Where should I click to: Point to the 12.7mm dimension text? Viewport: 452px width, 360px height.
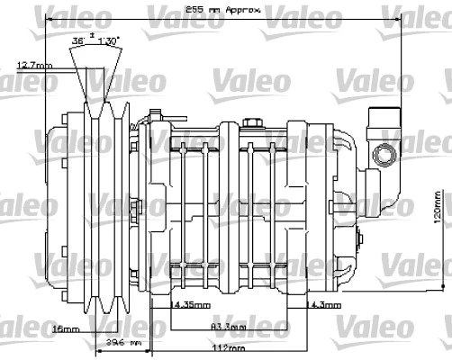point(34,65)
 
